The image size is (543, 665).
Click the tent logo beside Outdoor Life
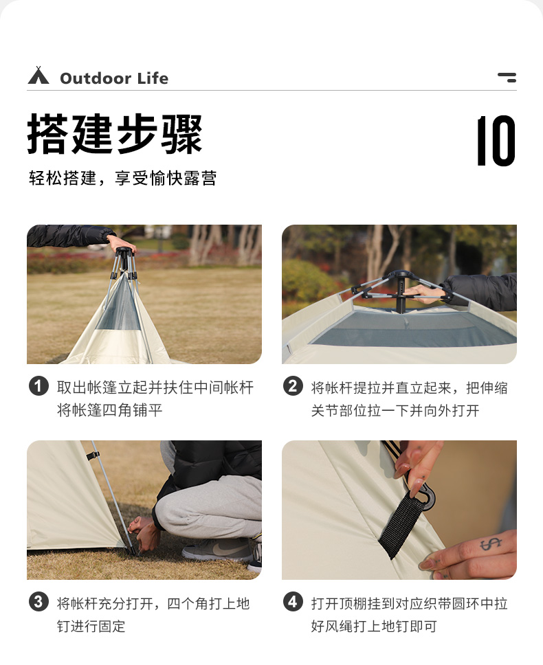[x=38, y=76]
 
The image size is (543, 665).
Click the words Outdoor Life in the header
[x=114, y=78]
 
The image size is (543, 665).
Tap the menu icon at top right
[x=507, y=77]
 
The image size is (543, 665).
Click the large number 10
[x=496, y=141]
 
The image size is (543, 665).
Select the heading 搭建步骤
[x=115, y=134]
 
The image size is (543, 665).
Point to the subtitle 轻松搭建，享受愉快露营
[x=122, y=179]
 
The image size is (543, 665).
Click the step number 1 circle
[x=38, y=387]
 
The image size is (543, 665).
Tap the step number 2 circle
[x=293, y=387]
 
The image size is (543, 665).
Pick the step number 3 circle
[x=38, y=602]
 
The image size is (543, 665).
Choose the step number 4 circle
[x=293, y=602]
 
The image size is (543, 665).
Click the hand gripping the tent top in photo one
[x=122, y=243]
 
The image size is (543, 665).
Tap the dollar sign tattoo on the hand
[x=490, y=543]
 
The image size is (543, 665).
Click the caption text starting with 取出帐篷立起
[x=155, y=387]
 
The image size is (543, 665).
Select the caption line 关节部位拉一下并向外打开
[x=395, y=411]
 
